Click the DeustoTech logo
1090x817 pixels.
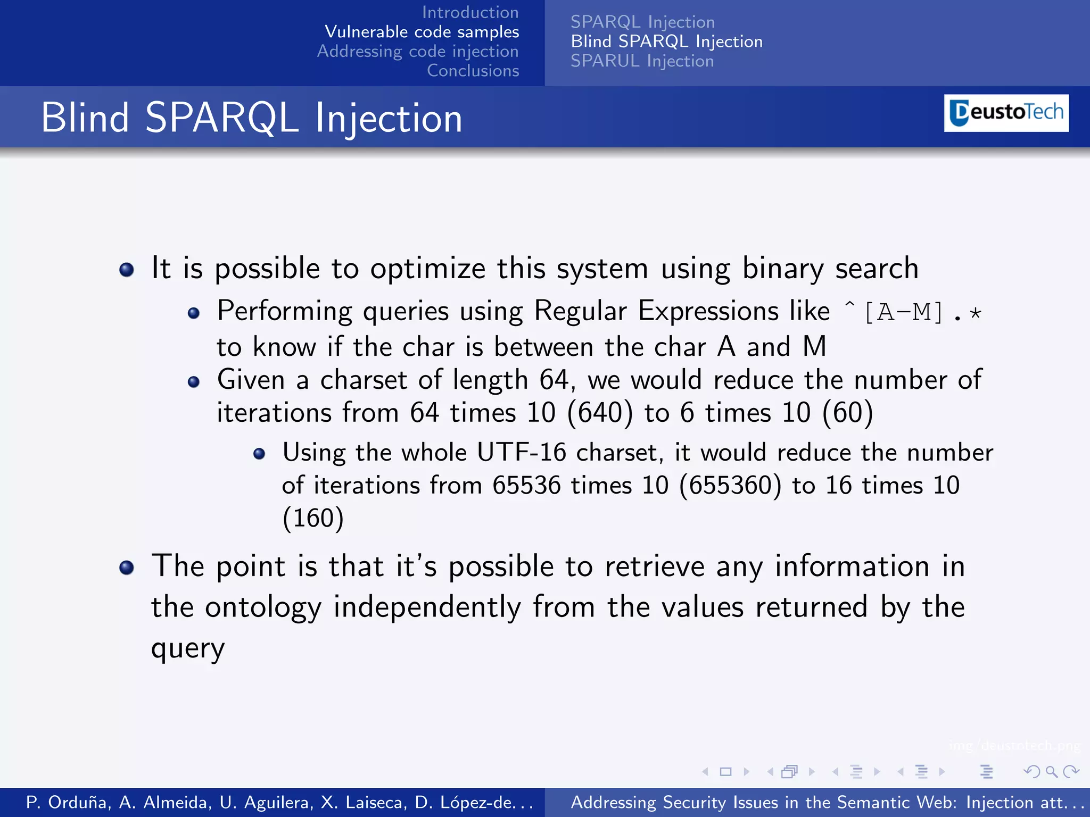click(1006, 113)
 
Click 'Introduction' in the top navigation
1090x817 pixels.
click(470, 12)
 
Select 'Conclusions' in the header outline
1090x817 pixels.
click(473, 71)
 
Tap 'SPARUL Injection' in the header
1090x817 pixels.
click(642, 61)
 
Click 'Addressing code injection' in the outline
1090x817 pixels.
click(418, 51)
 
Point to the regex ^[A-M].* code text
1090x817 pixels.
click(912, 312)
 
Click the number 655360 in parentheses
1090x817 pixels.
click(731, 485)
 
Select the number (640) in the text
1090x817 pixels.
click(600, 413)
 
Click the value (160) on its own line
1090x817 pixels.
click(313, 518)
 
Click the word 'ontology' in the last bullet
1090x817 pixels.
click(263, 607)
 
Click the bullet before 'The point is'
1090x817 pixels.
click(127, 568)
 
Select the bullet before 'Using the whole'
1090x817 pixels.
click(259, 454)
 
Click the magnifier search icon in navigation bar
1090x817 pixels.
click(1051, 771)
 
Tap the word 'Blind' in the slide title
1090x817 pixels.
click(85, 118)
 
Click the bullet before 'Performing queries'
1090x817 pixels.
click(194, 313)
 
